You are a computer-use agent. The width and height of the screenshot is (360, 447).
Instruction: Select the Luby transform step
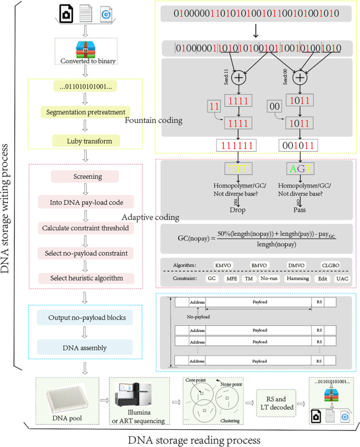85,140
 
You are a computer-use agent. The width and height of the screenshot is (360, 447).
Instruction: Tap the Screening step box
85,177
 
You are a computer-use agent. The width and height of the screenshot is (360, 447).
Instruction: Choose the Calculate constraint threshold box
85,228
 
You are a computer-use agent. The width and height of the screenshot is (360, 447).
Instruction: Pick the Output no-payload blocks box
85,318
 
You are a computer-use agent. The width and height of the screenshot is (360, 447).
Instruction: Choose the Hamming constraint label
297,278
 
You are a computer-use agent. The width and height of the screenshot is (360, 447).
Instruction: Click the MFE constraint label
231,278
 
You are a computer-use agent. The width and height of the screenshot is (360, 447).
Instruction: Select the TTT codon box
239,169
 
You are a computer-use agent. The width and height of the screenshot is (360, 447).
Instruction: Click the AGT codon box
299,169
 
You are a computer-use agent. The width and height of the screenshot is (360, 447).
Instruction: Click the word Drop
238,210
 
